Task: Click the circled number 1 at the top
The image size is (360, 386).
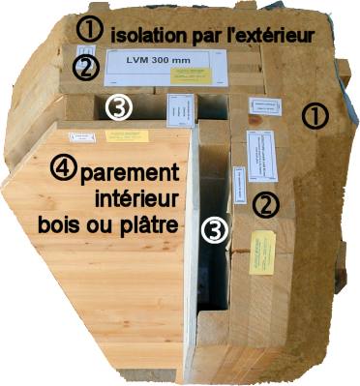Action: [89, 30]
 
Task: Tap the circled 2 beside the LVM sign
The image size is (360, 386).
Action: [86, 67]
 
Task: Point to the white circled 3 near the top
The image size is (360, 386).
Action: [118, 108]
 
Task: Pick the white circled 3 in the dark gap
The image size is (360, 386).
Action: [215, 228]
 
